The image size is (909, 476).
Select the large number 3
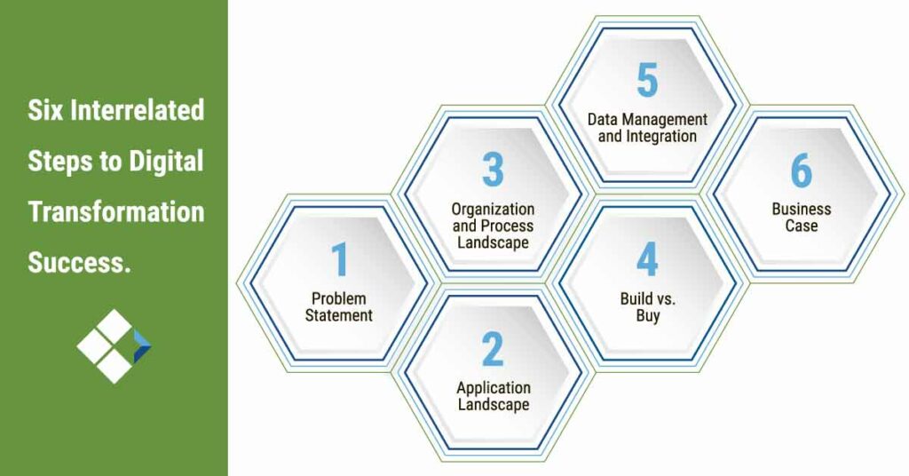coord(493,170)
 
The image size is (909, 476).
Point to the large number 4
coord(646,259)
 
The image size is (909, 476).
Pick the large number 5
coord(647,81)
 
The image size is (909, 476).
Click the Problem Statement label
coord(339,306)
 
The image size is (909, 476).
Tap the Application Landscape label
coord(493,396)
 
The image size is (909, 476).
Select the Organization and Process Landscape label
coord(493,226)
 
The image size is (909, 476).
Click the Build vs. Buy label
coord(646,306)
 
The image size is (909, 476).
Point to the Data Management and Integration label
coord(647,128)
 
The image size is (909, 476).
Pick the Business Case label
coord(801,218)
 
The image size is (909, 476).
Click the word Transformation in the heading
coord(115,212)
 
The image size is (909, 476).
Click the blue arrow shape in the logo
coord(141,345)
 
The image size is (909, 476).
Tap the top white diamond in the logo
coord(114,324)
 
